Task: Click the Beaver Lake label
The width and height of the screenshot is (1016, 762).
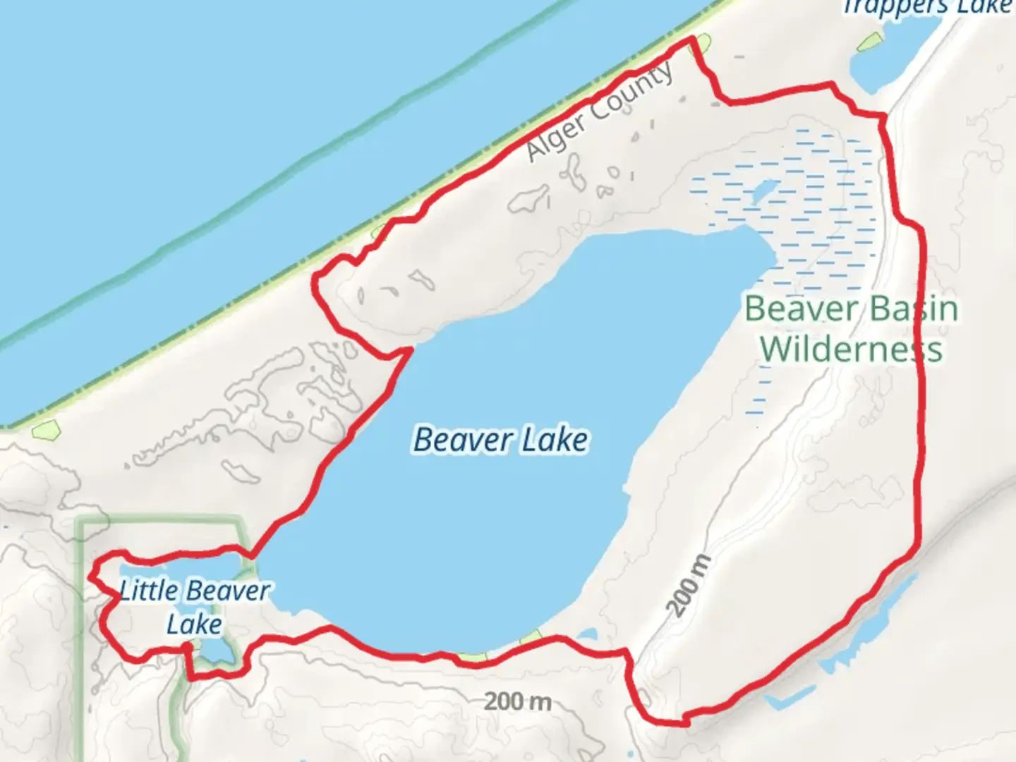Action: [x=500, y=440]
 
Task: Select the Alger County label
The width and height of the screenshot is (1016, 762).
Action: [x=601, y=113]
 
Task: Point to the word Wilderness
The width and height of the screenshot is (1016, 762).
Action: [x=852, y=349]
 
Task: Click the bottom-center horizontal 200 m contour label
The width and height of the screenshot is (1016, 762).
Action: [x=517, y=701]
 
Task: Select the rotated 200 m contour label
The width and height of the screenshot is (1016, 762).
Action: [x=689, y=586]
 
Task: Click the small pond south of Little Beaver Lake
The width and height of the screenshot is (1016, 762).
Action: [x=212, y=652]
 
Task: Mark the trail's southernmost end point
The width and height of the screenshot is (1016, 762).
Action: [x=684, y=722]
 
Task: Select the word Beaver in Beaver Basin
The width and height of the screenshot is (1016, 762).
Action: [x=801, y=309]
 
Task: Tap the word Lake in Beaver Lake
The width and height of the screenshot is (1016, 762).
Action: [x=555, y=440]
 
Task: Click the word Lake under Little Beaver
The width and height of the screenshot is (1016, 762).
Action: [x=194, y=624]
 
